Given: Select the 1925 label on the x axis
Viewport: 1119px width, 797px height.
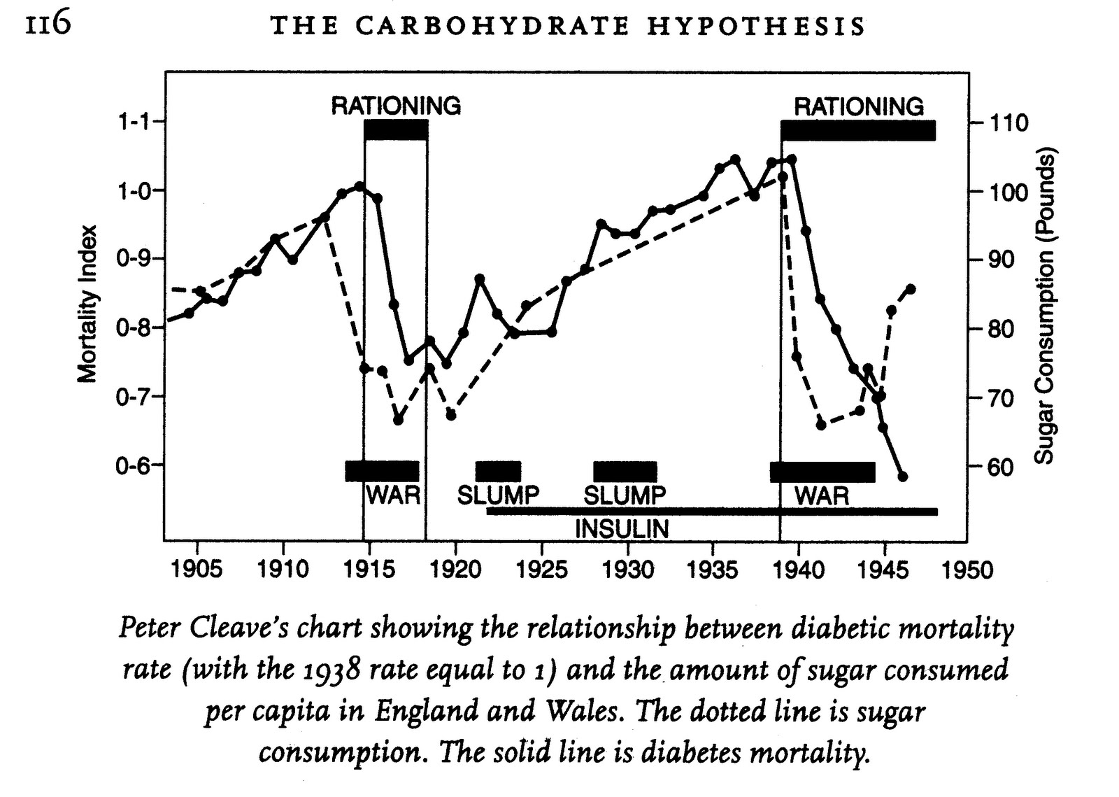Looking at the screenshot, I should (541, 569).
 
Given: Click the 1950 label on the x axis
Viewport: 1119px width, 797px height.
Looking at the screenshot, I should (967, 570).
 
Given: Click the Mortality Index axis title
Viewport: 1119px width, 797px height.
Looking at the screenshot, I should (87, 304).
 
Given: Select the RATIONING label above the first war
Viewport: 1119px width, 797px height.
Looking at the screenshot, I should (396, 106).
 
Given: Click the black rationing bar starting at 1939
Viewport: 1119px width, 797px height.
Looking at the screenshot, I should (858, 131).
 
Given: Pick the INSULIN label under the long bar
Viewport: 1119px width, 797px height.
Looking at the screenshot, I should (622, 529).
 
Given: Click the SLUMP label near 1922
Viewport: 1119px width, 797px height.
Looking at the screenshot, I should (498, 495).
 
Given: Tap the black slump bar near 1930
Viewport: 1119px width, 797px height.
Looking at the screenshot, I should (625, 472).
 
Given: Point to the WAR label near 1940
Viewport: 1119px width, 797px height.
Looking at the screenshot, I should (822, 497).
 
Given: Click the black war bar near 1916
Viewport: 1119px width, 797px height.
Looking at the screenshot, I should (382, 471).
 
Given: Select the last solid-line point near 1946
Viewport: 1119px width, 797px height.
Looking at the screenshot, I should (902, 477).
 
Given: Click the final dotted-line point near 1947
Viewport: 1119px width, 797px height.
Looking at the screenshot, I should (911, 288).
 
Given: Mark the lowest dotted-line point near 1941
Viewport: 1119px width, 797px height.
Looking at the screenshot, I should (822, 425).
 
